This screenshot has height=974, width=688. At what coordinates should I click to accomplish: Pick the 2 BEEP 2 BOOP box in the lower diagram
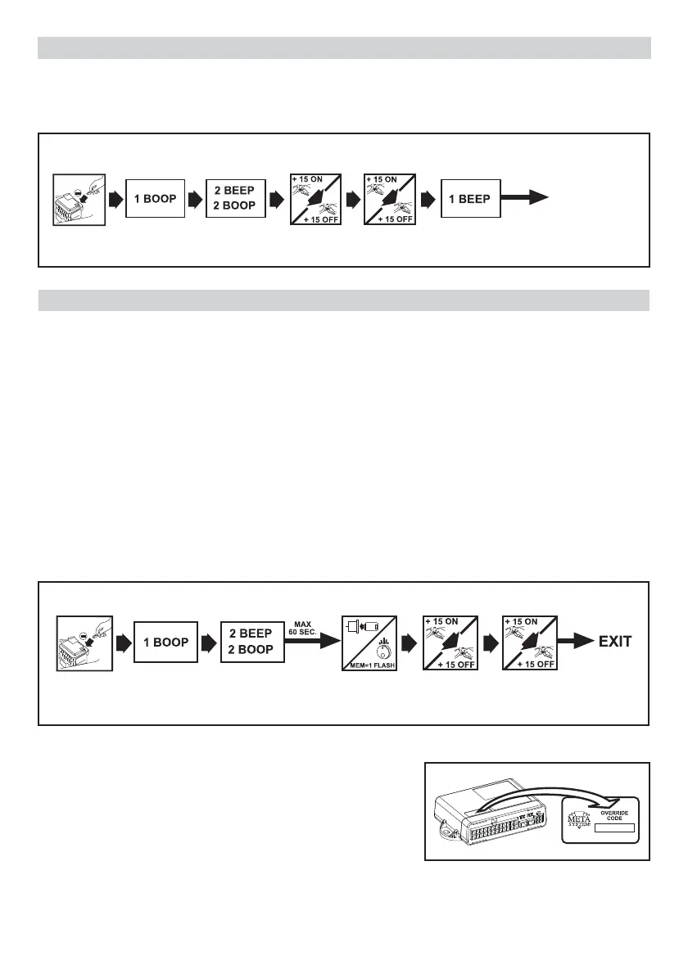[251, 643]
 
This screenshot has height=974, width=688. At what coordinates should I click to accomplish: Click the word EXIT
[614, 642]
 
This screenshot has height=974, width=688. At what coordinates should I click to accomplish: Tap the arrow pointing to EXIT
[577, 642]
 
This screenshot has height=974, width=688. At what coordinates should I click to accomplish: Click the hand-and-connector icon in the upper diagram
[79, 201]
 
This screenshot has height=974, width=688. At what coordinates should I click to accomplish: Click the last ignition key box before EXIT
[531, 643]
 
